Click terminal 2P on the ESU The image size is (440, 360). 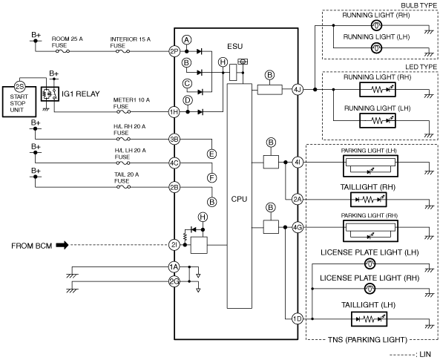[174, 51]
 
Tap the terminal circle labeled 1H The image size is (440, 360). [174, 112]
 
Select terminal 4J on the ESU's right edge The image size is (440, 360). [298, 90]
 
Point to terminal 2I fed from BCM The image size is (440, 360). [174, 245]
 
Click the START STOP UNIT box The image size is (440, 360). [19, 102]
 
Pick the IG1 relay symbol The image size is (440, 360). [50, 94]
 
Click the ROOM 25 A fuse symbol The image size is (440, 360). [62, 51]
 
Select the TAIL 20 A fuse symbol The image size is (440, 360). [123, 187]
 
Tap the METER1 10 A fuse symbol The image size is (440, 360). [123, 112]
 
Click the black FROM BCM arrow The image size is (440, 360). [62, 245]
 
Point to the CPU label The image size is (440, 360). [239, 199]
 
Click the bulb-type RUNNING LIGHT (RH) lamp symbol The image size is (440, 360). [376, 25]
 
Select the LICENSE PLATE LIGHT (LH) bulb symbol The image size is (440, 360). [370, 264]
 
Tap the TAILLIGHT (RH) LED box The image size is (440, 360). [369, 200]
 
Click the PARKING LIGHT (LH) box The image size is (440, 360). [370, 166]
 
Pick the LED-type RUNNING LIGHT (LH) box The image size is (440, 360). [378, 120]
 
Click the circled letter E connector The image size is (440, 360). [211, 154]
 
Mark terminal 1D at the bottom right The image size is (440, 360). [298, 318]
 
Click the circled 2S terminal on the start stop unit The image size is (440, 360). [19, 87]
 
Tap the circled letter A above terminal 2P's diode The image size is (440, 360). [186, 40]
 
